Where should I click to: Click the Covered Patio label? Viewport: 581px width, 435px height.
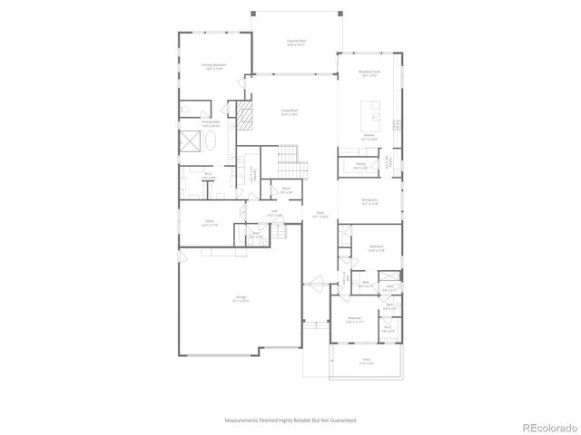(x=295, y=42)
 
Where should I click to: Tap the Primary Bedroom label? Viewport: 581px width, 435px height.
(x=214, y=66)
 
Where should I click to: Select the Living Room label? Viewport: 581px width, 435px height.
(x=290, y=111)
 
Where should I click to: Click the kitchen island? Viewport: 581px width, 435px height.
(x=372, y=114)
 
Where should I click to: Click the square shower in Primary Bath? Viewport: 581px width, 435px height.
(x=191, y=143)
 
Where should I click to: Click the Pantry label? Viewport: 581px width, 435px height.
(x=359, y=165)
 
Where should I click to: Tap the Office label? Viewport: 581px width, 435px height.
(x=209, y=222)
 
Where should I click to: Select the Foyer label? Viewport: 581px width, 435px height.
(x=319, y=216)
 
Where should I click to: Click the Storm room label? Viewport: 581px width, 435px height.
(x=285, y=190)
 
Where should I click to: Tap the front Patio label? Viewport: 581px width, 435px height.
(x=367, y=361)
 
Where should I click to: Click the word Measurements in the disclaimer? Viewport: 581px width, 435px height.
(x=241, y=420)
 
